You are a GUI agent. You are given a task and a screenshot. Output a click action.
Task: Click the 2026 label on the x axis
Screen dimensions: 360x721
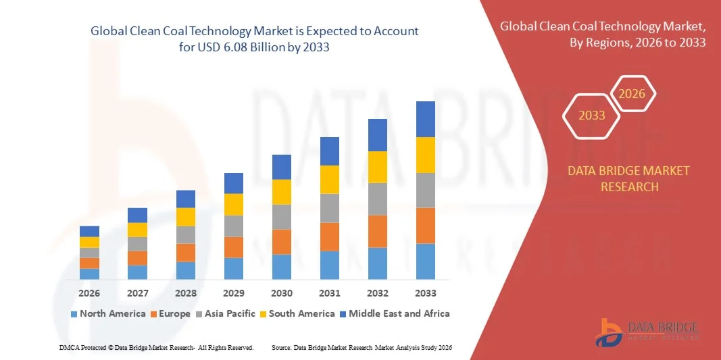click(x=89, y=293)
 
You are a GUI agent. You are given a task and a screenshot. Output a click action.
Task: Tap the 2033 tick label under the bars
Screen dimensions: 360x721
click(x=425, y=293)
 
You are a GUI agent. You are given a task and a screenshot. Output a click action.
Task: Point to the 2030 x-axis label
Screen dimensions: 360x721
click(x=282, y=293)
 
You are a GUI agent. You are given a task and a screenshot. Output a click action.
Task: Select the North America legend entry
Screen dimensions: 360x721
click(x=108, y=313)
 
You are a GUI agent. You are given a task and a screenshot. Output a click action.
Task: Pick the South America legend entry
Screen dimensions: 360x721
click(x=297, y=313)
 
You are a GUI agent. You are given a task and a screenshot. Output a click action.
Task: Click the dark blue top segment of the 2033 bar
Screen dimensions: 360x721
click(x=425, y=119)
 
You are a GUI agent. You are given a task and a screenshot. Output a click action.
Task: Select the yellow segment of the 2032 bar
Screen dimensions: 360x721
click(x=377, y=167)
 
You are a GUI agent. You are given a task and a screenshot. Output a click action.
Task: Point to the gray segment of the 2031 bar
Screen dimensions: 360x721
click(x=329, y=208)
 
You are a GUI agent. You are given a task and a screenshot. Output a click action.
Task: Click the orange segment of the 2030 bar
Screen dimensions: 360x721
click(x=282, y=242)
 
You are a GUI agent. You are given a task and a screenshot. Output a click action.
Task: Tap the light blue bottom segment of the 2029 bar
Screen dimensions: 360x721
click(x=233, y=268)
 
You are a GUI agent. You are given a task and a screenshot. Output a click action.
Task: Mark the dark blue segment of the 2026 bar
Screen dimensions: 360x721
click(x=89, y=231)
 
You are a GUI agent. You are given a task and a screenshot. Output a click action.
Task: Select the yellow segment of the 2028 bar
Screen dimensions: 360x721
click(x=185, y=217)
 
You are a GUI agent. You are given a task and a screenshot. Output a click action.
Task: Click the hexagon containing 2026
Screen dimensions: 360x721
click(x=632, y=94)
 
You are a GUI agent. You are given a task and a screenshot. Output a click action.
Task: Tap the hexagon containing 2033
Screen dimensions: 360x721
click(x=591, y=115)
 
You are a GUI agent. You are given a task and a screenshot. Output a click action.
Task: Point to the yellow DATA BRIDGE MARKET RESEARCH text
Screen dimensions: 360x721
click(x=629, y=178)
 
